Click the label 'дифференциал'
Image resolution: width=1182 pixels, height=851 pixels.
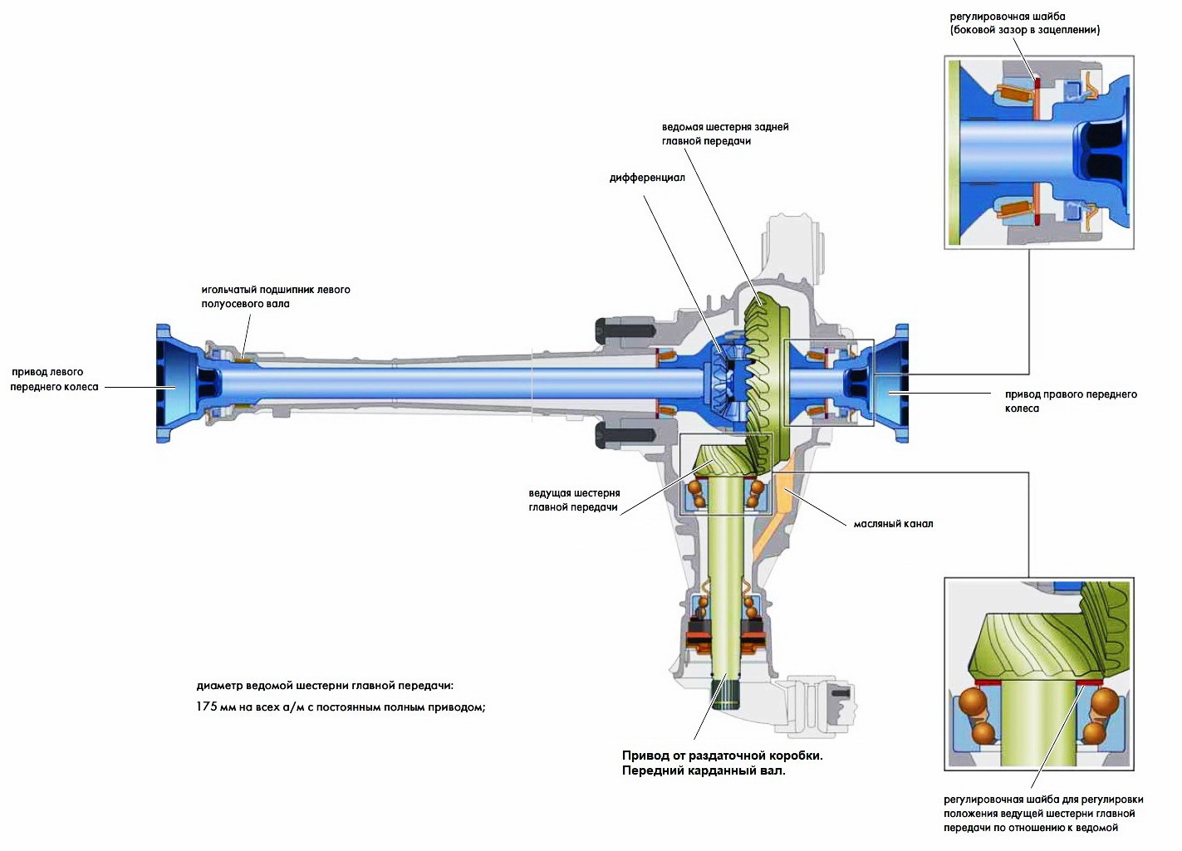pyautogui.click(x=647, y=178)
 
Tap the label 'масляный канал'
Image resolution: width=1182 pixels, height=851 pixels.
pyautogui.click(x=893, y=524)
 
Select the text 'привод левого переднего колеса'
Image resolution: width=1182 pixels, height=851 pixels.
pyautogui.click(x=54, y=379)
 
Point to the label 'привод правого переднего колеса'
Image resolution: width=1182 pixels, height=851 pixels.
pyautogui.click(x=1070, y=401)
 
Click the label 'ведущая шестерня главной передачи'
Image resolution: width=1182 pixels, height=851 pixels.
pyautogui.click(x=574, y=500)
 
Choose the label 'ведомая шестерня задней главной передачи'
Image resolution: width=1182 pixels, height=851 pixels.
pyautogui.click(x=725, y=134)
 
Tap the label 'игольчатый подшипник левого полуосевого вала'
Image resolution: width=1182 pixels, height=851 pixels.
pyautogui.click(x=275, y=296)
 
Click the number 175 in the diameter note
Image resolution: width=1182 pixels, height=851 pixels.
pyautogui.click(x=207, y=707)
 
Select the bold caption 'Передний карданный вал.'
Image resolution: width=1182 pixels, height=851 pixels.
pyautogui.click(x=704, y=770)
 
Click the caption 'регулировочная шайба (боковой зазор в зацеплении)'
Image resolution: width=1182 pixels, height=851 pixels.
pyautogui.click(x=1024, y=23)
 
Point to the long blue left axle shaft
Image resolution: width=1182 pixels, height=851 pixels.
pyautogui.click(x=415, y=383)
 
